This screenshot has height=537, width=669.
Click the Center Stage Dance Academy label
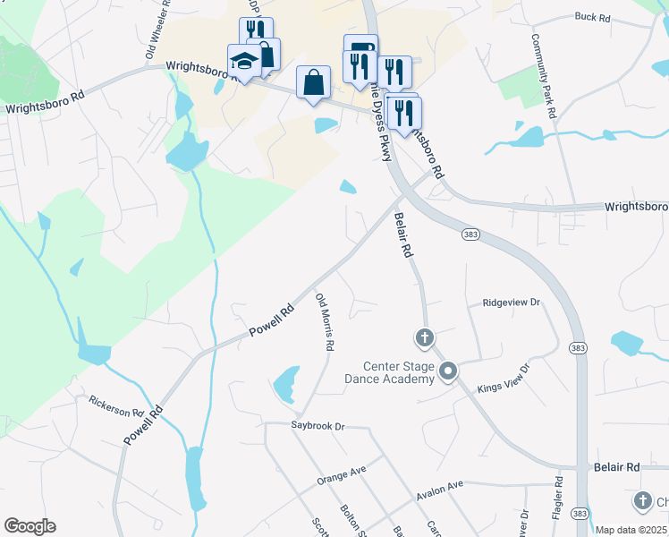click(399, 372)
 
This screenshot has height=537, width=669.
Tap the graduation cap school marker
click(243, 61)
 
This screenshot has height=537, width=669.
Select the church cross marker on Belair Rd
click(425, 338)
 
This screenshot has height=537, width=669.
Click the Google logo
click(30, 526)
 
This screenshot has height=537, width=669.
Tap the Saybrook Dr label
click(318, 427)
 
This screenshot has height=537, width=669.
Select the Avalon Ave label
click(439, 490)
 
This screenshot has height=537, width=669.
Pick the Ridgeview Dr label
click(512, 303)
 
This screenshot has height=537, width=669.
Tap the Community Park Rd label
click(543, 76)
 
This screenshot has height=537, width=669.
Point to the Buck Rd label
click(592, 17)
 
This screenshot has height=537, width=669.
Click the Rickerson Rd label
click(116, 407)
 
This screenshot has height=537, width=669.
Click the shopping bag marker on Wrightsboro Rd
click(314, 83)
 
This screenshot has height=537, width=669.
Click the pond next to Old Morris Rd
click(285, 384)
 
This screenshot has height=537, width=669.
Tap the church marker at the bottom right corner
click(642, 501)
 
